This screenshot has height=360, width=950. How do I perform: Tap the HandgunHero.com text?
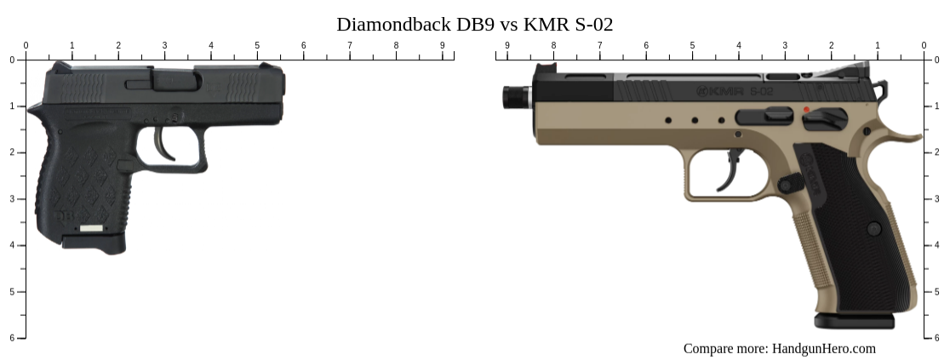(823, 348)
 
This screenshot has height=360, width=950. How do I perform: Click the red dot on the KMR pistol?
(806, 110)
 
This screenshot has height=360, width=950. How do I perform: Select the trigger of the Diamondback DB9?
(165, 144)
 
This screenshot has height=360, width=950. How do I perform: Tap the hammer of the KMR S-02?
(883, 88)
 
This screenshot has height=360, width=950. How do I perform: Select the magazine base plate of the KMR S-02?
(854, 321)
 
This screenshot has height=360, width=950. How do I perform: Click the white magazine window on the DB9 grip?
(92, 229)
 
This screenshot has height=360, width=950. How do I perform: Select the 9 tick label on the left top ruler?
(442, 45)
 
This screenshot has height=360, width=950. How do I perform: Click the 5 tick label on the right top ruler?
(692, 45)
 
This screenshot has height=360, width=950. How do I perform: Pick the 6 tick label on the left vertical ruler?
(12, 338)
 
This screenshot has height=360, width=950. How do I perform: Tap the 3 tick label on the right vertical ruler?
(937, 198)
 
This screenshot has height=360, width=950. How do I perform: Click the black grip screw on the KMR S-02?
(874, 229)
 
